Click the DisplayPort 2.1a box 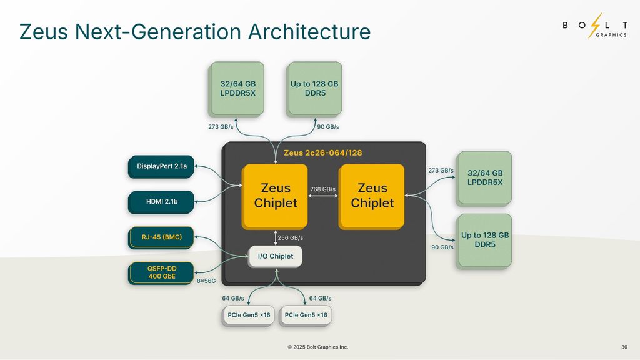[162, 166]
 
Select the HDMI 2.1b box [162, 201]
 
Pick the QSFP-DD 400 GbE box [162, 272]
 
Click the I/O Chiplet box [276, 256]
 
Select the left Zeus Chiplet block [276, 196]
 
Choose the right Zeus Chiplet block [372, 196]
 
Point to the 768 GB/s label [323, 189]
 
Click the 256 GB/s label [291, 237]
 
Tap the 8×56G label [206, 281]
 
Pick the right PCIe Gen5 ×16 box [306, 315]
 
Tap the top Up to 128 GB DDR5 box [314, 88]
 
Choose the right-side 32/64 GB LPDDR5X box [485, 177]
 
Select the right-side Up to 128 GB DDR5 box [485, 241]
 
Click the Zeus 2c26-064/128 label [323, 152]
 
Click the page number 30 [624, 347]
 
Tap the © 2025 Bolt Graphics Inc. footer [318, 347]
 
